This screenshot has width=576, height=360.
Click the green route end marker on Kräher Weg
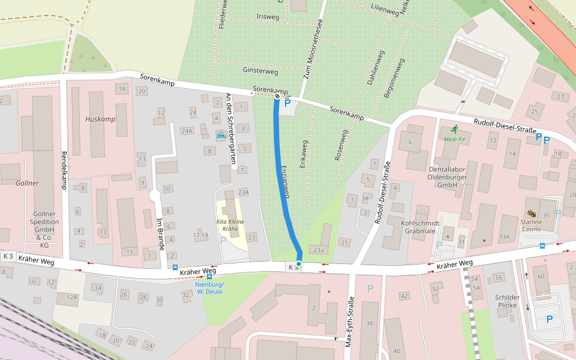pos(299,264)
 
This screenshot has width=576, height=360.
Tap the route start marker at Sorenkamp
pos(277,96)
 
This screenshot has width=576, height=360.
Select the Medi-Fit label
pos(454,139)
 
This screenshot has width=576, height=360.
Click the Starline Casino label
pos(531,225)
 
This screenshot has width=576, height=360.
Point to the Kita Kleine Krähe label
pos(230,225)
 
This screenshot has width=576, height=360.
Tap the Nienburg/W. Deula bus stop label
pos(209,288)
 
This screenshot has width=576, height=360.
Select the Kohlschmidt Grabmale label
pos(420,226)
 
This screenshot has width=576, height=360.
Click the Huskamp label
pos(100,119)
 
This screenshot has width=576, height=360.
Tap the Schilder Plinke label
pos(507,301)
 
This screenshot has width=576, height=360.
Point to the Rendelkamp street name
pos(64,170)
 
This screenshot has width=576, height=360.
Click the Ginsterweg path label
pos(260,71)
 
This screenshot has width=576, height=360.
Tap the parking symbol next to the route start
pos(287,104)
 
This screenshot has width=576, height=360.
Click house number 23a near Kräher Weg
pos(318,250)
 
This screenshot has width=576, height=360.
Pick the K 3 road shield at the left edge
pos(8,256)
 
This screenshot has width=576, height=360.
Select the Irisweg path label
pos(268,16)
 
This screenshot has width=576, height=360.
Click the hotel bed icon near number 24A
pos(221,136)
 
